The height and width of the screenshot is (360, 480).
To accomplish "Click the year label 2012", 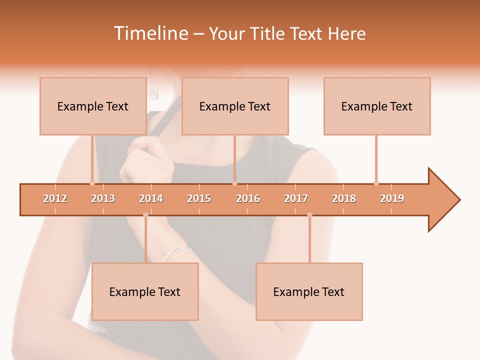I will (x=55, y=198).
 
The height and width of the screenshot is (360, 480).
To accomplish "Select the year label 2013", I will (x=103, y=198).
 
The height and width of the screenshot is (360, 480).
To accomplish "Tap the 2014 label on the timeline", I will (x=151, y=198).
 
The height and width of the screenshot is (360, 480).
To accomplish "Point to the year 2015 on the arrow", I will (x=199, y=198).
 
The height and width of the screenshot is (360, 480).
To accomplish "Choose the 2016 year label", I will (x=248, y=198).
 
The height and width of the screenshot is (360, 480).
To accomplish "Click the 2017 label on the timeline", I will (x=296, y=198).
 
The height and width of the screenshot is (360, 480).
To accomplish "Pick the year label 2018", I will (x=344, y=198).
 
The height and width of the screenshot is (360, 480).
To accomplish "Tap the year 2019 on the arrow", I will (x=392, y=198).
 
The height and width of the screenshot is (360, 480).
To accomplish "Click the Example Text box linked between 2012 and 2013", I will (x=93, y=106).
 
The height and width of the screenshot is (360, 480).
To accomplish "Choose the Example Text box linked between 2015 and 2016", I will (x=235, y=106).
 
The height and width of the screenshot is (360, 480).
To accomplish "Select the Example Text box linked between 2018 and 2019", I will (x=377, y=106).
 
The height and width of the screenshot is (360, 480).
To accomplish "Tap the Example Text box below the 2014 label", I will (x=145, y=291).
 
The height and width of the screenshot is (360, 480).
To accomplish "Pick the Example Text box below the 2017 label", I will (x=309, y=291).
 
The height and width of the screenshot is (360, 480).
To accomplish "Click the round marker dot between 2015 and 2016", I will (x=234, y=183).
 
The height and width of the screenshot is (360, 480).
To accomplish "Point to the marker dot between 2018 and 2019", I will (x=376, y=183).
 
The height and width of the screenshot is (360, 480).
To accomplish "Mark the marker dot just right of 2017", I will (x=309, y=215).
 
